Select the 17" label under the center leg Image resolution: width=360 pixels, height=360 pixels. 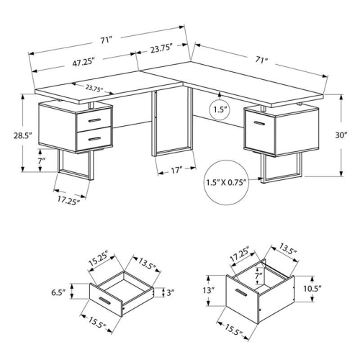tap(175, 171)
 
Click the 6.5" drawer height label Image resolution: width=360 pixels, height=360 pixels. tap(78, 294)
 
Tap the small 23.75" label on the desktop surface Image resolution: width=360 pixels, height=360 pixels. tap(95, 89)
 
